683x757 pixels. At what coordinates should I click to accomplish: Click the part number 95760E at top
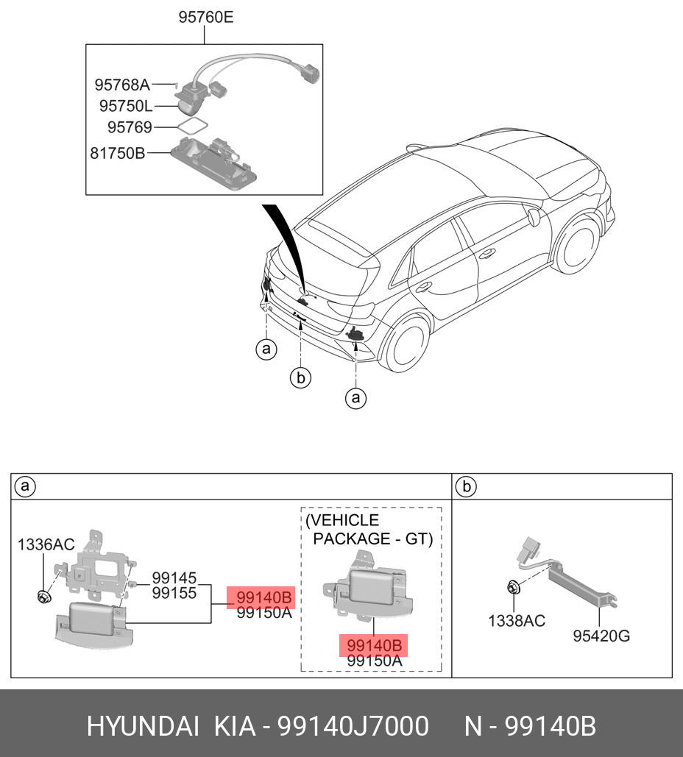click(x=206, y=17)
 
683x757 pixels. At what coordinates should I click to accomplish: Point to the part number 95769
click(x=130, y=127)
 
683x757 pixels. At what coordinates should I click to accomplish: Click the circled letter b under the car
click(x=300, y=378)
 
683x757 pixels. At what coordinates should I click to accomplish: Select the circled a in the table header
click(x=25, y=486)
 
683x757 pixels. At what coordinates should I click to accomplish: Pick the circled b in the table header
click(x=465, y=486)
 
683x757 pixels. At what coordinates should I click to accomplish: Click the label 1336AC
click(x=46, y=544)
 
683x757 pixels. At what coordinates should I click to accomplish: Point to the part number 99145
click(x=174, y=578)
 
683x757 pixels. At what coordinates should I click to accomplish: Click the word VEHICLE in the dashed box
click(x=342, y=521)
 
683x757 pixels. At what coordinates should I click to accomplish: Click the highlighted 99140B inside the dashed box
click(x=375, y=645)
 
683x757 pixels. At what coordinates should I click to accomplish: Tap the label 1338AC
click(x=517, y=621)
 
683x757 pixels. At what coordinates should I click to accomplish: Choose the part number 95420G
click(x=601, y=636)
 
